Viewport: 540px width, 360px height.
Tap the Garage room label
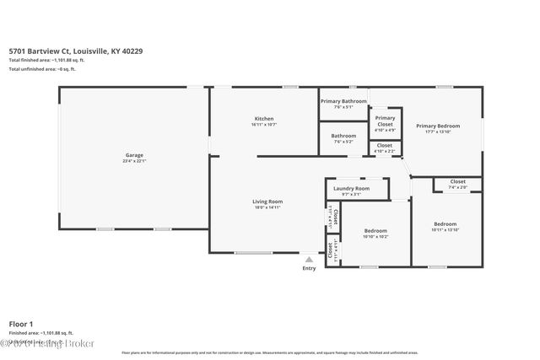133,155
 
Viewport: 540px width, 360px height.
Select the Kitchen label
263,119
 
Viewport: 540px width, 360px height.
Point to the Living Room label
267,201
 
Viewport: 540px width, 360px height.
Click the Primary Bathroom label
343,101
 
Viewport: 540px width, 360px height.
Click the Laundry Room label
351,188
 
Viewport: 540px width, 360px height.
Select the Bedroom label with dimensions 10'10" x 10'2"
375,230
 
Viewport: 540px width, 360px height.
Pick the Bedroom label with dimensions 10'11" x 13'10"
445,224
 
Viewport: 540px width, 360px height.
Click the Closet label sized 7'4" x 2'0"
457,181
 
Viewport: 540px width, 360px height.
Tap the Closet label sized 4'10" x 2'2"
385,145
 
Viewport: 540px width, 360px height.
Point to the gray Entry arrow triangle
310,259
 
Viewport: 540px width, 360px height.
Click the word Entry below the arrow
310,268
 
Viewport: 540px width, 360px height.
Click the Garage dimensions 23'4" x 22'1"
133,161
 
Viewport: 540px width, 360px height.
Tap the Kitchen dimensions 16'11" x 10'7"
263,125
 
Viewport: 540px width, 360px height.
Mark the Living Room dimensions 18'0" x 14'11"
267,207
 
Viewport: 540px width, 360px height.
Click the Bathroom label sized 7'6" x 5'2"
343,136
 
